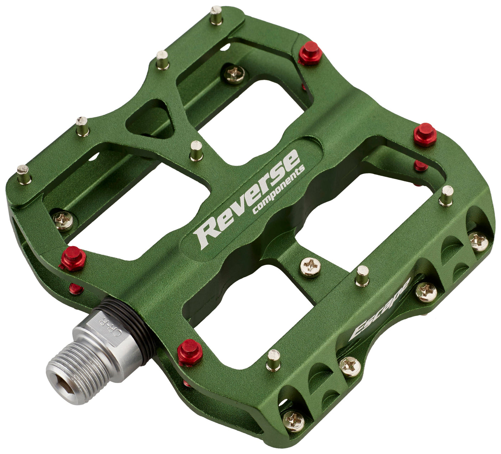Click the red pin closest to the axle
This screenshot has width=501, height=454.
[190, 352]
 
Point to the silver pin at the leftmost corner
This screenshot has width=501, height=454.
[24, 174]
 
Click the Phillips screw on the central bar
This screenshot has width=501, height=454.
[310, 267]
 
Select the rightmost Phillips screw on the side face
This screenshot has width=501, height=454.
[478, 241]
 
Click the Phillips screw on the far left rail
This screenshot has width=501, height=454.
[63, 220]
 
